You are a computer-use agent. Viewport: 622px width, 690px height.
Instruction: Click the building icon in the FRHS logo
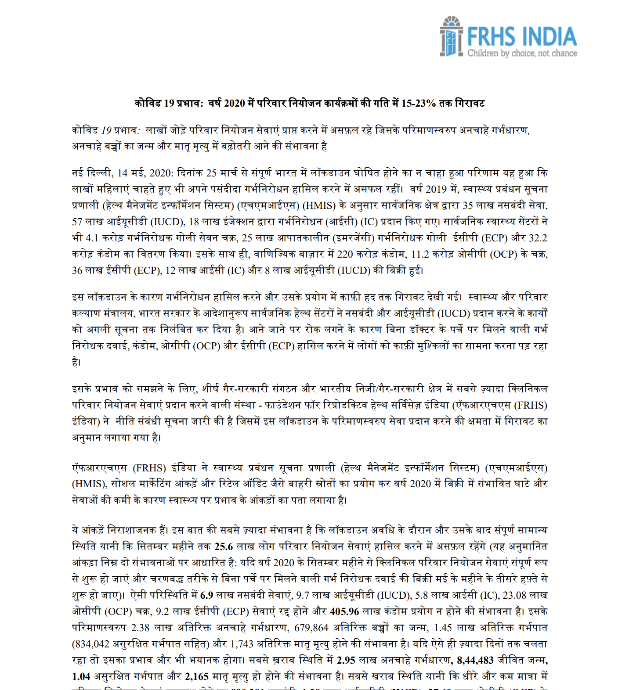pos(451,37)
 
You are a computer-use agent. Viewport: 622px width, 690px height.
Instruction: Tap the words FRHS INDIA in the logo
pos(521,36)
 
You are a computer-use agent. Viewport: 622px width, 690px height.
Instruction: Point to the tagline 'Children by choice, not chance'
pos(522,54)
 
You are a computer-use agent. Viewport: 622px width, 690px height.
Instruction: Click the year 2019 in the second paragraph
pos(436,189)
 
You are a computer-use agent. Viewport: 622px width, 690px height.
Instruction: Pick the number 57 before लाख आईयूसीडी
pos(77,222)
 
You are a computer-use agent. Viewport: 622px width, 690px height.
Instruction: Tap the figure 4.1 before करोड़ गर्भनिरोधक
pos(91,238)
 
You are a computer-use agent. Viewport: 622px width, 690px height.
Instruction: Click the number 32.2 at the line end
pos(538,238)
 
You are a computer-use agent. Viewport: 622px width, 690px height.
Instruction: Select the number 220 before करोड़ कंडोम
pos(345,254)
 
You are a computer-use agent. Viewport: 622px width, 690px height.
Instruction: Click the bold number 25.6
pos(224,546)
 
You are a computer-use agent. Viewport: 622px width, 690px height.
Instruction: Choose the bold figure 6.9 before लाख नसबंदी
pos(206,595)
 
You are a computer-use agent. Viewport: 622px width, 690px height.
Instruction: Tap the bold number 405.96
pos(344,611)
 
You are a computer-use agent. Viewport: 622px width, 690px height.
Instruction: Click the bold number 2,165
pos(197,676)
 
